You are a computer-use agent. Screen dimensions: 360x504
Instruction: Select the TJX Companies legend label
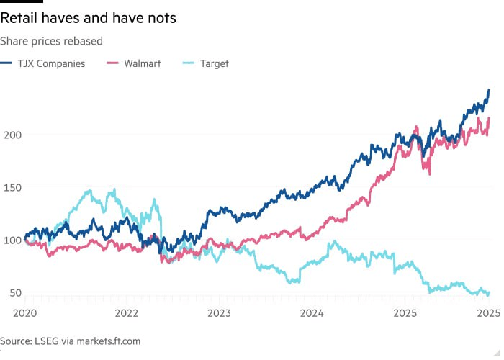[52, 63]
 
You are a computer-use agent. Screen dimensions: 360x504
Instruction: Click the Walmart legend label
[141, 63]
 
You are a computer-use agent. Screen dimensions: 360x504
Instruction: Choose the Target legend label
[213, 63]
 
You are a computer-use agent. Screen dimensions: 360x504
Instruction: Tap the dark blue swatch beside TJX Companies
[7, 63]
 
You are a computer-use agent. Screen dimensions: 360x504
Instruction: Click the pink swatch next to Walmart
[112, 63]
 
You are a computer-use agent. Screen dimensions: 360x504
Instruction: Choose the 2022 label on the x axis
[127, 313]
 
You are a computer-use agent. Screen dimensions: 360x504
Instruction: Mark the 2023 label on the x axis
[220, 313]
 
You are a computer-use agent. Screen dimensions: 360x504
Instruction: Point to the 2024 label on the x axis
[312, 313]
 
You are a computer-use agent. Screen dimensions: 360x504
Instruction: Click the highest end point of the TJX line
[489, 90]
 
